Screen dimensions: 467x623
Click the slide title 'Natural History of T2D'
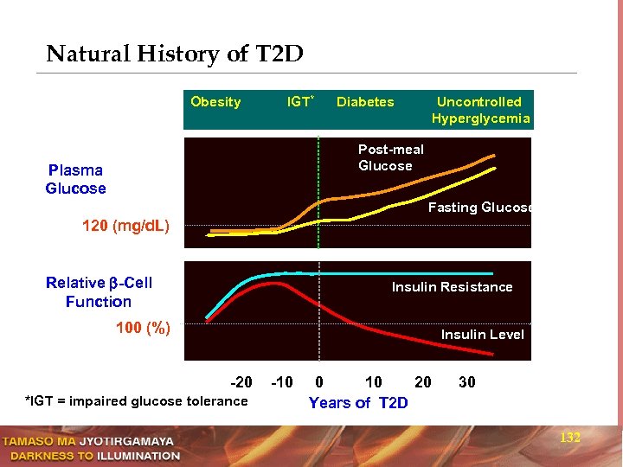(175, 54)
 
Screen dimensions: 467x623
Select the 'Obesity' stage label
(215, 102)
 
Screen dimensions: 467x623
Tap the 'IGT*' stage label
(299, 102)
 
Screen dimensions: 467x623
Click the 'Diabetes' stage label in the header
(365, 102)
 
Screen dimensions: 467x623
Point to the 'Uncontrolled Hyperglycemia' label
(479, 110)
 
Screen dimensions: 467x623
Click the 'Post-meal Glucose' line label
(391, 157)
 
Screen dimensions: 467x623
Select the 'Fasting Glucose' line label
(479, 208)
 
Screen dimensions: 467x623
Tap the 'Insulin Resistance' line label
(452, 287)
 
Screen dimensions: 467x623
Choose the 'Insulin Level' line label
(482, 335)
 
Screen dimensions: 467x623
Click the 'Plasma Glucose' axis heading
(76, 179)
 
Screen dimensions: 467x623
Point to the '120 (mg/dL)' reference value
(125, 227)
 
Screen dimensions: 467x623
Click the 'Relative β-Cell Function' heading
(99, 292)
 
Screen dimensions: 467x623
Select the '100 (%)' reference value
(143, 328)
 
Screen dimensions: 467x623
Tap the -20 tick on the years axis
(241, 382)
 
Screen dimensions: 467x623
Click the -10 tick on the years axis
(282, 382)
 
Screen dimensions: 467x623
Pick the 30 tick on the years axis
(466, 382)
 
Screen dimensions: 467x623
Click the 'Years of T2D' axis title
(358, 403)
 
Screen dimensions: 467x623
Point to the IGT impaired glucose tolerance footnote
(136, 400)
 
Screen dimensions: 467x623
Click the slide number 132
(570, 438)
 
